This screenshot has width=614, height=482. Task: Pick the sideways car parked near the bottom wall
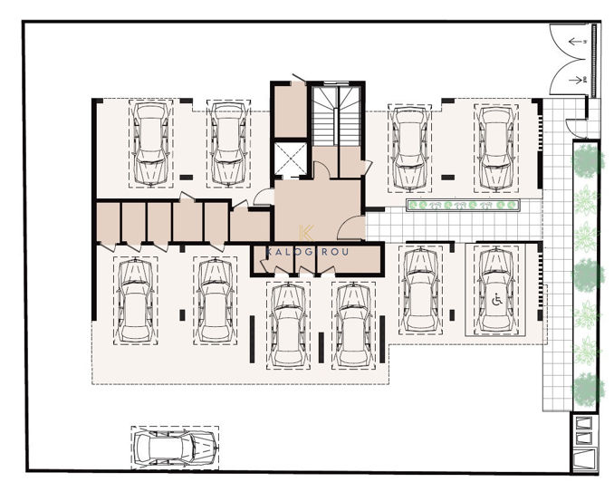click(174, 445)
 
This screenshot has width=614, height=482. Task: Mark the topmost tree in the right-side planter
click(586, 159)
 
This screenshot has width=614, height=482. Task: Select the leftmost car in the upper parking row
click(150, 143)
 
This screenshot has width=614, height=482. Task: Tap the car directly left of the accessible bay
click(418, 290)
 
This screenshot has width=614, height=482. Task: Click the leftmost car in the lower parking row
click(134, 300)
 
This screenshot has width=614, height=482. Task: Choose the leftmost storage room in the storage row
click(108, 223)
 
